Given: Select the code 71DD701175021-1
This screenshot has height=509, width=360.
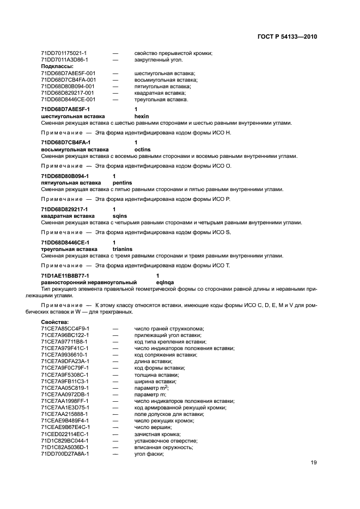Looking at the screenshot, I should tap(64, 53).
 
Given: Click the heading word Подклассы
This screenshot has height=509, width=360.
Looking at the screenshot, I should tap(57, 66).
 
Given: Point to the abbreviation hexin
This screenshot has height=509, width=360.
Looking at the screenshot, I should tap(142, 116).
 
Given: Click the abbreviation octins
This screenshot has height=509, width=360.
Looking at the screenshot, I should tap(142, 149).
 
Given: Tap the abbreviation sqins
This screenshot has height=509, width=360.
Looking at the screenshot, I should tap(120, 216).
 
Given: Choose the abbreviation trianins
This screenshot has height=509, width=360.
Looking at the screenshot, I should tap(122, 249).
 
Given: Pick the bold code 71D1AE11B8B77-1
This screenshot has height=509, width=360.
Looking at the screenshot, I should tap(65, 276).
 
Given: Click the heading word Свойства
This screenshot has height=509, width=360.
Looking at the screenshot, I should tap(54, 322).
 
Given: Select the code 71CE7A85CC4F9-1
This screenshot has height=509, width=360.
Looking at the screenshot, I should tap(65, 328).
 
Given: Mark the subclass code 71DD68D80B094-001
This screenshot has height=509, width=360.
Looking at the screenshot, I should tap(68, 86).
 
